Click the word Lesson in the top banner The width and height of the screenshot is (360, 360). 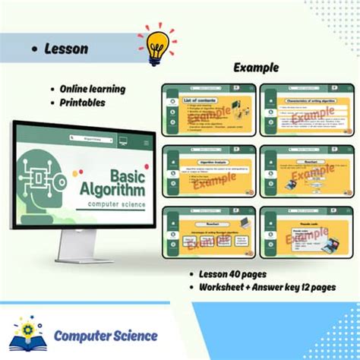pyautogui.click(x=66, y=48)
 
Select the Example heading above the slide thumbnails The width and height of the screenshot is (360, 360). pyautogui.click(x=255, y=68)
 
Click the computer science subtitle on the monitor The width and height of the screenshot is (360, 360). pyautogui.click(x=115, y=204)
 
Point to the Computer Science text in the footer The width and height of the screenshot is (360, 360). pyautogui.click(x=106, y=335)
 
